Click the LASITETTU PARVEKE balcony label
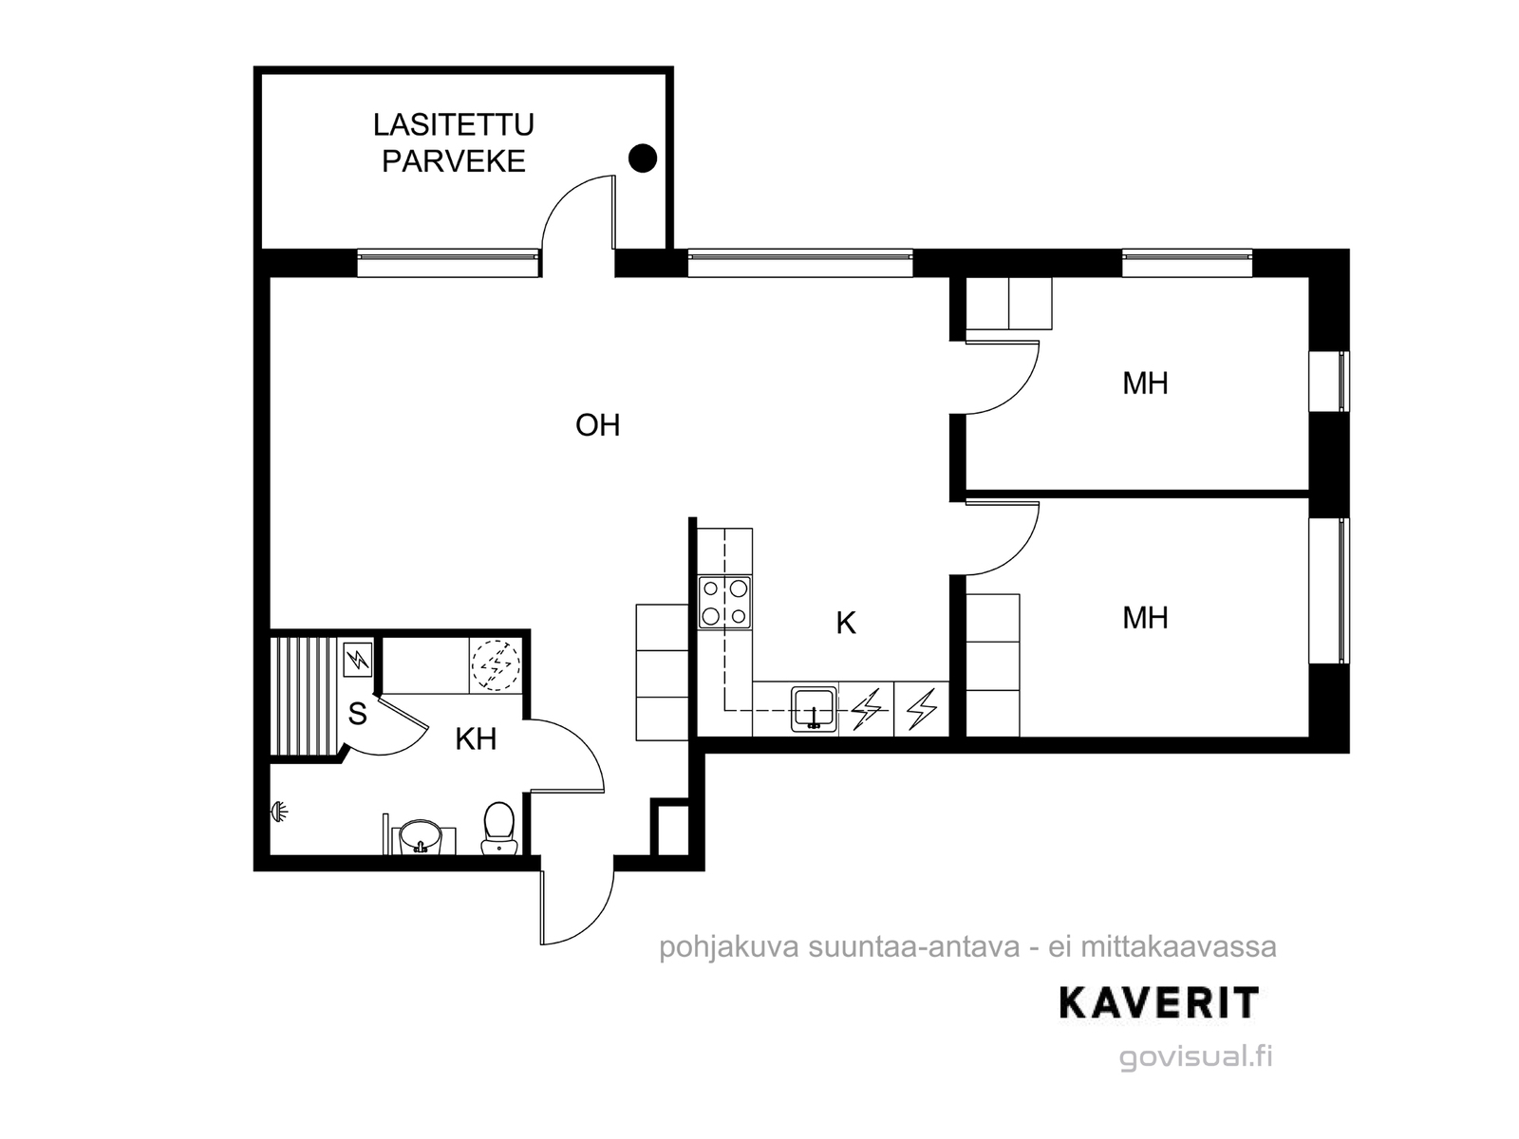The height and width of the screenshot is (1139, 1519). (453, 143)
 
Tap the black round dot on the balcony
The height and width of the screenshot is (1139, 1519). (642, 159)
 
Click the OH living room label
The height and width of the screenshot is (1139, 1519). (597, 425)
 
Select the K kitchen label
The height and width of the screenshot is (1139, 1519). (846, 623)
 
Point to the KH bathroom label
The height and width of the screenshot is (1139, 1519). (477, 739)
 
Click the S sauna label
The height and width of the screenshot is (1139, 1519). (357, 714)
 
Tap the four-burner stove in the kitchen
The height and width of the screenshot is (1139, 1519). (724, 603)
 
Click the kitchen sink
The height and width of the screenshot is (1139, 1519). (814, 709)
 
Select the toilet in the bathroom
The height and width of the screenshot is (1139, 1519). (498, 828)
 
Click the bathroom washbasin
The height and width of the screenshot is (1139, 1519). (420, 837)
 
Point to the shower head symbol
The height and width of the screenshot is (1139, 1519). (278, 812)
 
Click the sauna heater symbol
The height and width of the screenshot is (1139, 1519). (358, 660)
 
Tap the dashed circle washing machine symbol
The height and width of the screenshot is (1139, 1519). (496, 664)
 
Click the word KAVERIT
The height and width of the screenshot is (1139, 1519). (1159, 1003)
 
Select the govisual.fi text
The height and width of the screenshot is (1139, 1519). (1196, 1056)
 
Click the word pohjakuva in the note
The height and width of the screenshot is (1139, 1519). (729, 947)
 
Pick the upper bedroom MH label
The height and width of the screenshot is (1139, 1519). (1145, 383)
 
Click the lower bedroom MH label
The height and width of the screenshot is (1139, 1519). (1145, 618)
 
